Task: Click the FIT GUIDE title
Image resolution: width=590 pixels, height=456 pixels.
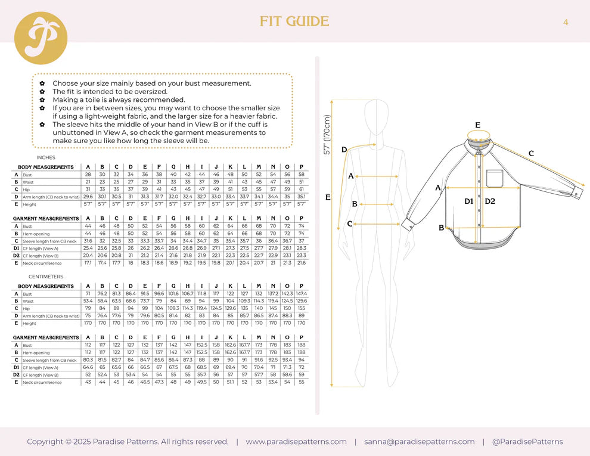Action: pyautogui.click(x=294, y=22)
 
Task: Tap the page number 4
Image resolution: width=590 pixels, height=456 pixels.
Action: pyautogui.click(x=566, y=22)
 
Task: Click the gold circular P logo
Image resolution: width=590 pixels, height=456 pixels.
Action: pyautogui.click(x=41, y=38)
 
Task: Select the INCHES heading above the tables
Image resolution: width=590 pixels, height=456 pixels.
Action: pyautogui.click(x=46, y=158)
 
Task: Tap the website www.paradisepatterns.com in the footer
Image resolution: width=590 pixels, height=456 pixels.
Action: pyautogui.click(x=296, y=442)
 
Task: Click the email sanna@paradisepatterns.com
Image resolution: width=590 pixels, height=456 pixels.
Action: pyautogui.click(x=420, y=442)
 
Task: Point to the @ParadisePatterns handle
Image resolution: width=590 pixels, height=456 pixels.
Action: pyautogui.click(x=527, y=442)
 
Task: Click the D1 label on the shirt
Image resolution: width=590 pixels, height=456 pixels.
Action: pyautogui.click(x=469, y=201)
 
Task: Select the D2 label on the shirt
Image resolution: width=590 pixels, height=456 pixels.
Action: pyautogui.click(x=490, y=201)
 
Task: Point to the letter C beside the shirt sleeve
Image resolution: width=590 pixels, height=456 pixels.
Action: pyautogui.click(x=530, y=154)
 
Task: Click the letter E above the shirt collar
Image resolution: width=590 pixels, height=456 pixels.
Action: pyautogui.click(x=478, y=125)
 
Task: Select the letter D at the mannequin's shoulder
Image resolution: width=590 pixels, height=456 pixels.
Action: pyautogui.click(x=344, y=150)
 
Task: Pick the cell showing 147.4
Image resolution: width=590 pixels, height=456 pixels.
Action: pyautogui.click(x=301, y=294)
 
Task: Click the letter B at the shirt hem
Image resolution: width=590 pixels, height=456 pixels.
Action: pyautogui.click(x=442, y=228)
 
